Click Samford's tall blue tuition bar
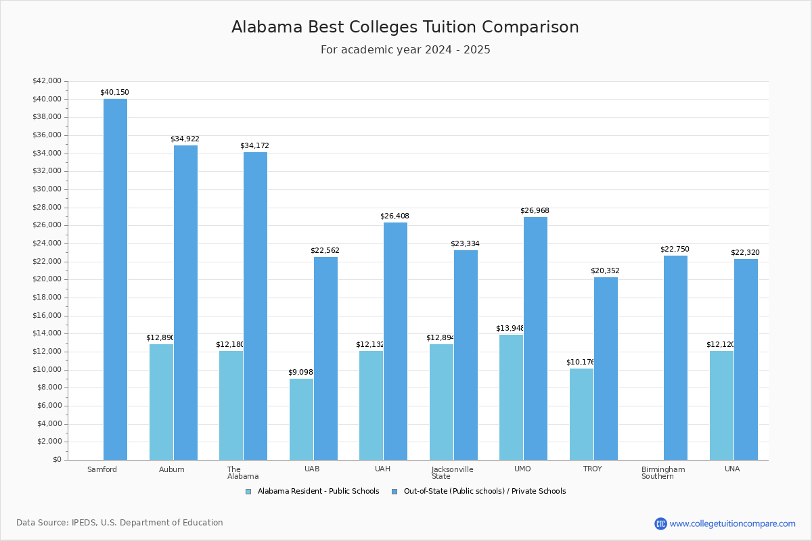click(115, 279)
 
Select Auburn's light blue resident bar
click(161, 402)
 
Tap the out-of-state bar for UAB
click(325, 358)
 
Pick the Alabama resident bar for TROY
click(581, 414)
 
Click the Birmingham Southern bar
click(675, 357)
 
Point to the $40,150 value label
click(114, 92)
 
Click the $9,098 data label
click(300, 372)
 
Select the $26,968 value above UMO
click(535, 210)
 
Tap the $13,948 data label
click(510, 328)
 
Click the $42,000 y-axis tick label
click(47, 81)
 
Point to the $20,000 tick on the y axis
click(47, 279)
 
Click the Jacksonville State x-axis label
click(452, 473)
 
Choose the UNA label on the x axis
click(732, 469)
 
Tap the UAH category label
click(382, 469)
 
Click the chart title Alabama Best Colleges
click(405, 27)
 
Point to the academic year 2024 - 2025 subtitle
click(405, 50)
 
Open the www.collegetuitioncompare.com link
click(732, 523)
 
